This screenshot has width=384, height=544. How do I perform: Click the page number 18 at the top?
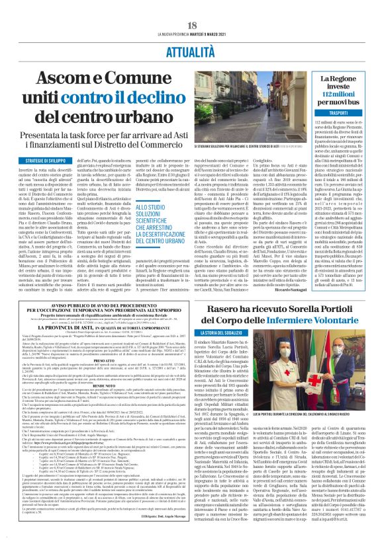coord(192,25)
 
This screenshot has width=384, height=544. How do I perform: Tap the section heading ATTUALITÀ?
coord(192,51)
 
